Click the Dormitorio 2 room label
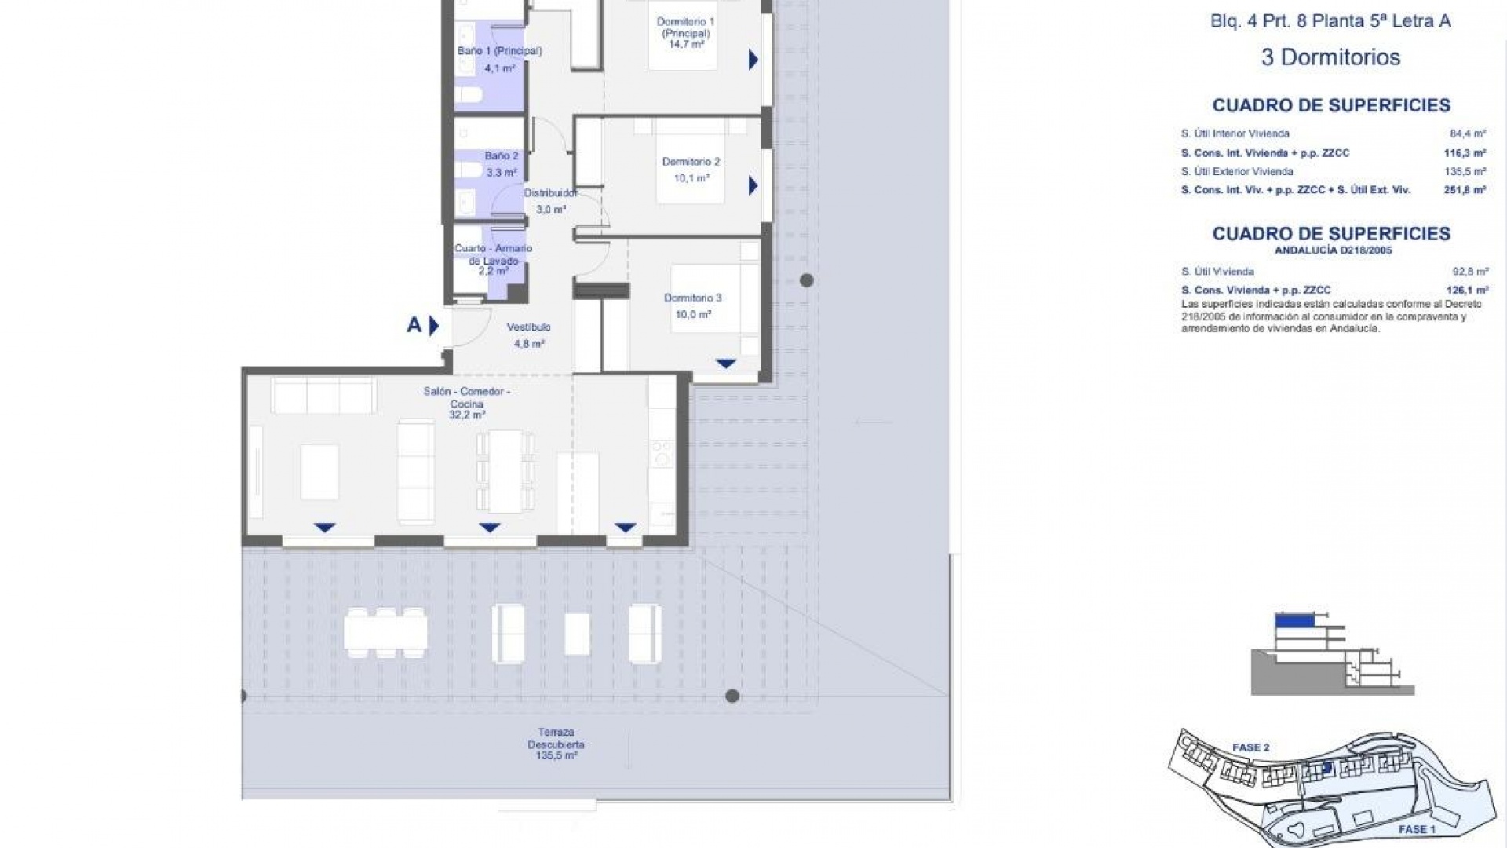click(691, 162)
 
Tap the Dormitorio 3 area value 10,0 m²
click(693, 315)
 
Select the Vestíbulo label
click(528, 327)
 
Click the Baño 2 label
click(501, 156)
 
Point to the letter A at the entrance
click(414, 325)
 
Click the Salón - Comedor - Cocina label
click(467, 397)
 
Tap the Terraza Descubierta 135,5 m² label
click(556, 744)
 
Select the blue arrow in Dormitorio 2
click(753, 186)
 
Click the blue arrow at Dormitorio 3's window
click(725, 364)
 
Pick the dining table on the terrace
click(386, 632)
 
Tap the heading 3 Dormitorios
click(1330, 57)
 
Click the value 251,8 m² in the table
click(1465, 190)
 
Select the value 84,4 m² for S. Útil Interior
click(1468, 133)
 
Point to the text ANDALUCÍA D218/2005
click(1331, 251)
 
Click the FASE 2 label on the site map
click(1250, 747)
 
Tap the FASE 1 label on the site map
click(1417, 829)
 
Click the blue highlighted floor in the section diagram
click(1294, 620)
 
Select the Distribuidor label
click(550, 193)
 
